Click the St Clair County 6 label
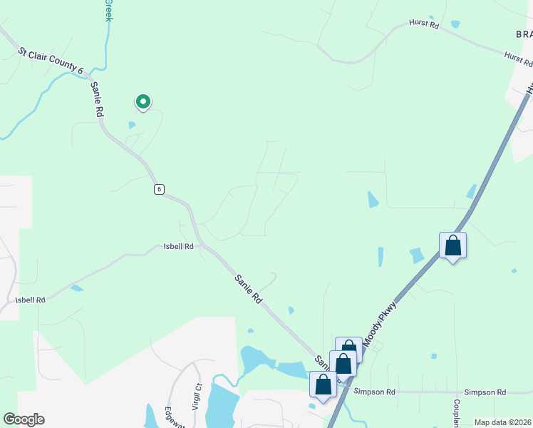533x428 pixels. click(x=51, y=61)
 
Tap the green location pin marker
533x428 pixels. click(x=143, y=103)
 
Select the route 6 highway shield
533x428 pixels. click(x=159, y=189)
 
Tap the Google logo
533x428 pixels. click(x=24, y=419)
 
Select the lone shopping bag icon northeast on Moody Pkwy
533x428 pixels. click(x=452, y=246)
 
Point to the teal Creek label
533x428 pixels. click(x=108, y=10)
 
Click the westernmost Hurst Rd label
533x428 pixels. click(x=424, y=24)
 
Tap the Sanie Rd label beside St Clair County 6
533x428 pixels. click(x=98, y=99)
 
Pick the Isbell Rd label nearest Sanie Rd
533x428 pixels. click(x=179, y=247)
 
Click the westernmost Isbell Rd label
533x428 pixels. click(x=31, y=300)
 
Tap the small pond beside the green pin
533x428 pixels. click(x=132, y=126)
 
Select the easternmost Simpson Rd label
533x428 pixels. click(x=485, y=392)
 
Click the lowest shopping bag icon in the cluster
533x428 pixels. click(x=323, y=385)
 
